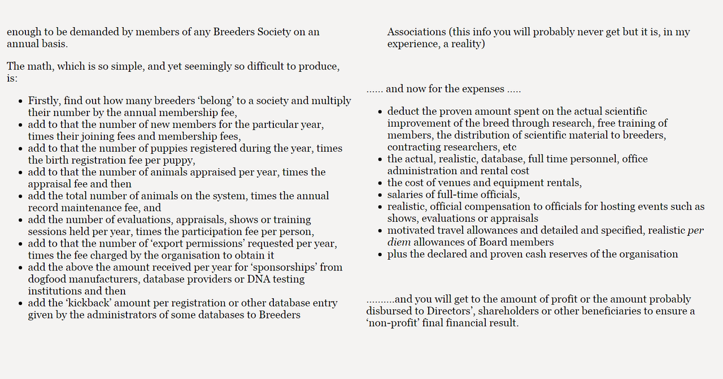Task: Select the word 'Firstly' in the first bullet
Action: click(x=43, y=101)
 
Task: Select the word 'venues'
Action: click(x=454, y=183)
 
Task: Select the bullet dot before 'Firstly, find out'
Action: click(x=20, y=101)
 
